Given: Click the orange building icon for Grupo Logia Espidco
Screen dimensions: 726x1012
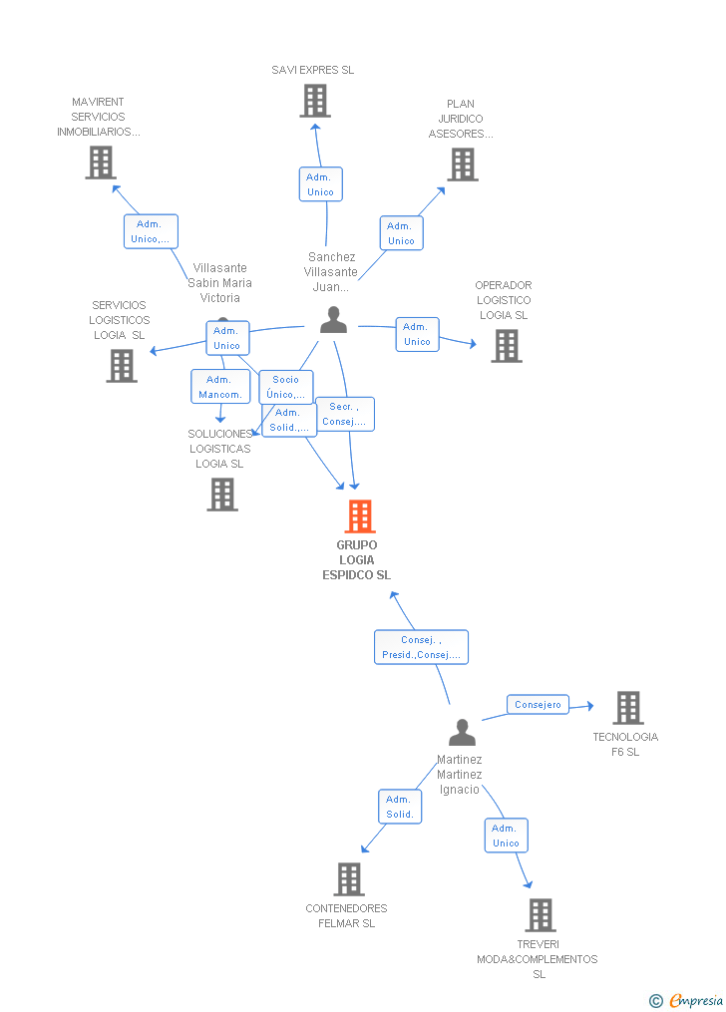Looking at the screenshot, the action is click(x=360, y=515).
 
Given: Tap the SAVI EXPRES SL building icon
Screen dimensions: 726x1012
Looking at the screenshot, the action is click(x=315, y=101).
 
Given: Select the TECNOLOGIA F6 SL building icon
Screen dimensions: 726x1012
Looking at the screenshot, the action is click(x=628, y=707).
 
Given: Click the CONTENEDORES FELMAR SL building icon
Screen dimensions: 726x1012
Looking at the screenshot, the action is click(x=349, y=879).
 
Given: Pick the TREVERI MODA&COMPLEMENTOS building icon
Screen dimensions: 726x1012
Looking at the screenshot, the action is click(x=541, y=914).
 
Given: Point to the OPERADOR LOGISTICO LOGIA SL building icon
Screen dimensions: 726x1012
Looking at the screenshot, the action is click(x=507, y=345).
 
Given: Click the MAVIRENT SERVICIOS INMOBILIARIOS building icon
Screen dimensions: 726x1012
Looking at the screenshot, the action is click(x=101, y=162).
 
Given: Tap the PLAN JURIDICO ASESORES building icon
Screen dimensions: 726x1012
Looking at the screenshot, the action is click(x=464, y=165).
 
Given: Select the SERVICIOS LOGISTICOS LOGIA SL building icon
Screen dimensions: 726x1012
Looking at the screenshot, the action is click(x=122, y=366).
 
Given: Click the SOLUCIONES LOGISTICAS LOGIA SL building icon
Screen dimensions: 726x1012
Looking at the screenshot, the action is click(x=222, y=495).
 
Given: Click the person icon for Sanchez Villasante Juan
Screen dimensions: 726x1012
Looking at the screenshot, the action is click(x=334, y=319).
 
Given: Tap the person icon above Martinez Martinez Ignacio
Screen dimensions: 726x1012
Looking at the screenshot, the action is click(x=462, y=732).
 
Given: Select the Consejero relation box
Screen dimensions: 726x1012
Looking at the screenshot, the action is click(x=538, y=705).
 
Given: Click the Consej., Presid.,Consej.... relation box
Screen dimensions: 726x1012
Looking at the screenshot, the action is click(x=422, y=647).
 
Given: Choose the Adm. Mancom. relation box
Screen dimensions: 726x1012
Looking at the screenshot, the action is click(x=220, y=387).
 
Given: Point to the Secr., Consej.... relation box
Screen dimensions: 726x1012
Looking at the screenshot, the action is click(x=345, y=415).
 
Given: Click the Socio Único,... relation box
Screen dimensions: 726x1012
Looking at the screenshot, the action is click(x=286, y=387).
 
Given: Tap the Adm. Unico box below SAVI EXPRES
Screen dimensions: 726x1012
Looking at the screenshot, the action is click(x=321, y=183).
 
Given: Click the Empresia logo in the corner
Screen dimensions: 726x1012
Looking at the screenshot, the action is click(x=686, y=1000).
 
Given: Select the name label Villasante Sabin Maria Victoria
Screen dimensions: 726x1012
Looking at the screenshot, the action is click(x=220, y=283).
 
